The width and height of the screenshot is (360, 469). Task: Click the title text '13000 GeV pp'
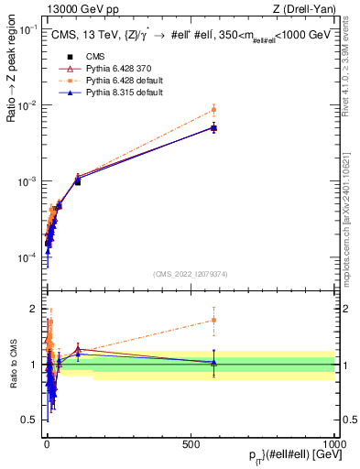point(72,9)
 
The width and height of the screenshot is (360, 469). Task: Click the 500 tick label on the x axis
point(191,443)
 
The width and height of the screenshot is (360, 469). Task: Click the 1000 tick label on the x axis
point(333,443)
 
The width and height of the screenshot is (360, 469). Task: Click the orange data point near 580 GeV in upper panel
point(213,110)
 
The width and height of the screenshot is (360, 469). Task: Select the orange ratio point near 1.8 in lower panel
point(213,320)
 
